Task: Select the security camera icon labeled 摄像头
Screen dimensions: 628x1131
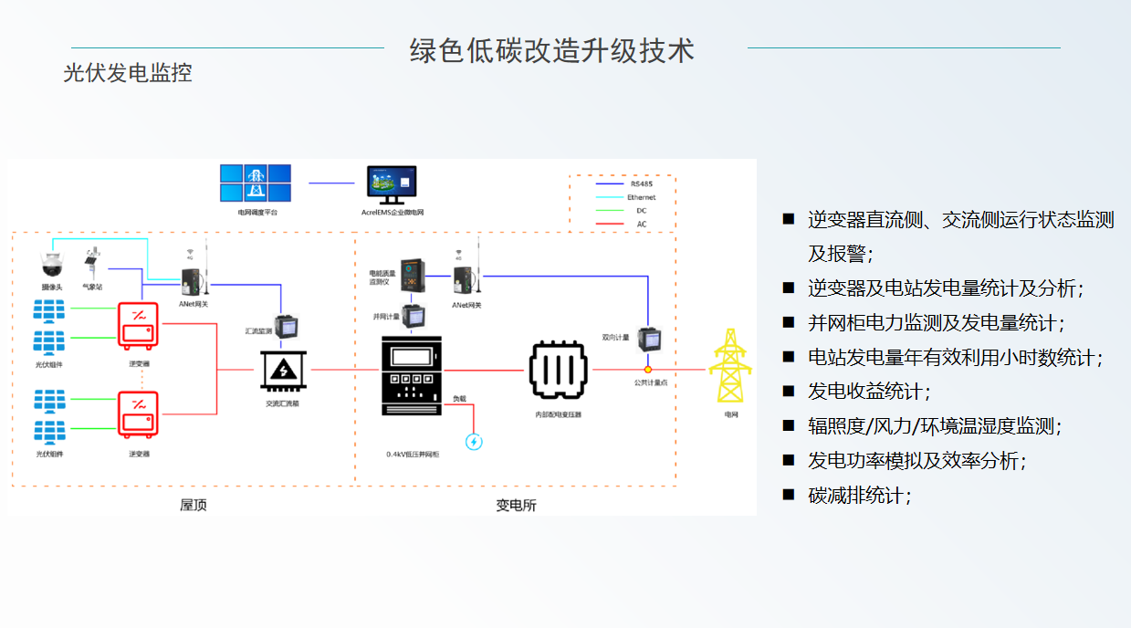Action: pos(49,265)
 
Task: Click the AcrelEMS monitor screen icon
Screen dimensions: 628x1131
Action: pos(392,184)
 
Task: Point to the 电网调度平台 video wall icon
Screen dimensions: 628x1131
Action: pos(256,183)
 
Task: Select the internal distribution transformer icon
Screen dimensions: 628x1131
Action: pos(559,371)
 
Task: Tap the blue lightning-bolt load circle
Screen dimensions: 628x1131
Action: pos(474,442)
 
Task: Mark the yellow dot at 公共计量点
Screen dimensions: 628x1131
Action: pos(648,370)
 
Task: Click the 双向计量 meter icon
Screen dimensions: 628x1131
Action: pos(649,340)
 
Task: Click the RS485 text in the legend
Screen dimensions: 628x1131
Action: pos(642,183)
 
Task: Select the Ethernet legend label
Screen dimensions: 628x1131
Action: pos(641,197)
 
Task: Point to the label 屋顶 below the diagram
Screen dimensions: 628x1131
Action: pos(193,505)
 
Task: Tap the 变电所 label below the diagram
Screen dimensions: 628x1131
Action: pos(515,505)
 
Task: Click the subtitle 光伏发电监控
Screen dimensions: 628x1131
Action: pos(128,73)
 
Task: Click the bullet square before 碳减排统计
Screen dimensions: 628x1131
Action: pos(789,495)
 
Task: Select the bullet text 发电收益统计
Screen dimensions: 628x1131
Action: pos(866,392)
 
